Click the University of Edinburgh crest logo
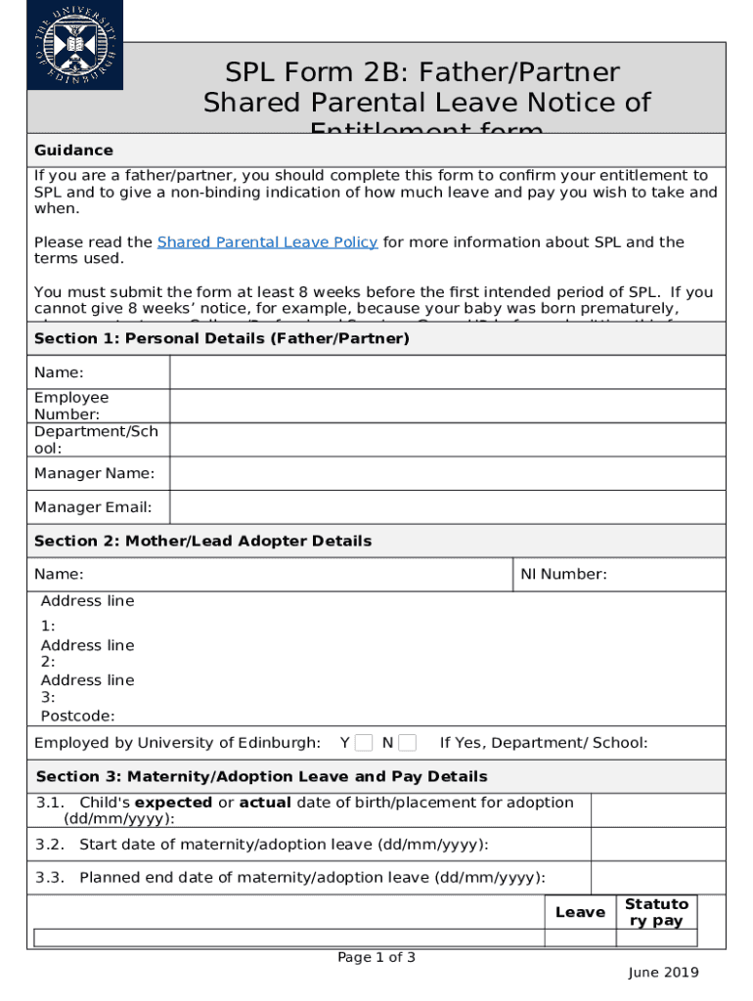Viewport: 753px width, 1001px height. [x=76, y=45]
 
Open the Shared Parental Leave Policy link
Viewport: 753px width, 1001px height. [x=267, y=242]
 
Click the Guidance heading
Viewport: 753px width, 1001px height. [x=73, y=151]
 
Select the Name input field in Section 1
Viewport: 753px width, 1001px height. [x=447, y=372]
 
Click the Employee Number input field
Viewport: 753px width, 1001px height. [x=447, y=406]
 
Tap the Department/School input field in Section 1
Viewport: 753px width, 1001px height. [x=447, y=440]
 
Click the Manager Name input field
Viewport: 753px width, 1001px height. [x=447, y=473]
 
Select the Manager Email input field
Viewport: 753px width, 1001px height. [x=447, y=507]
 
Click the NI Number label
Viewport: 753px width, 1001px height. [x=563, y=575]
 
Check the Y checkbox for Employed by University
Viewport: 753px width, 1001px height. [x=364, y=743]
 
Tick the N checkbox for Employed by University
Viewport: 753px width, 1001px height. [x=407, y=743]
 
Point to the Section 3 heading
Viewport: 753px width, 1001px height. [x=261, y=777]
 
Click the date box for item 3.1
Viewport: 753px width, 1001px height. [x=658, y=810]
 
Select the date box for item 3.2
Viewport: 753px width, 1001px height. [x=658, y=845]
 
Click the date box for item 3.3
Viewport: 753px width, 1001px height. [x=658, y=878]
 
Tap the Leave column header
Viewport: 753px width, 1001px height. [x=580, y=912]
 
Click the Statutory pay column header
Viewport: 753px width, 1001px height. [x=655, y=912]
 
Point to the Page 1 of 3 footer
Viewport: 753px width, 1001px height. [x=376, y=958]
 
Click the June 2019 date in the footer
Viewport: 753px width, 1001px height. [x=663, y=973]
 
